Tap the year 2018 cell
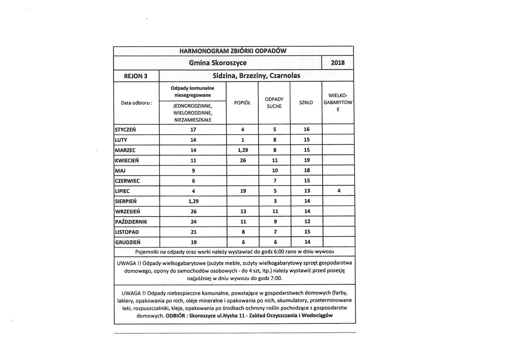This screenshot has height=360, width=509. pos(338,63)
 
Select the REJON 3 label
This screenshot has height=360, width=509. pos(135,76)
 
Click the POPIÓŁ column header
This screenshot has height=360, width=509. pos(242,103)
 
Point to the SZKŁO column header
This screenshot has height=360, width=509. pos(306,103)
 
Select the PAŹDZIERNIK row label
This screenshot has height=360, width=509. pos(131,222)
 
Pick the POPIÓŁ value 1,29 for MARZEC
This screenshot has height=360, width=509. pos(242,150)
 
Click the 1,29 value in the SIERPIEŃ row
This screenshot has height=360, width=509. pos(193,201)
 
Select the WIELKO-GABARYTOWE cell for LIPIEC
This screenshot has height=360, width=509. pos(338,191)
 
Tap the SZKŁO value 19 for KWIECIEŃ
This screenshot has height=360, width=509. pos(307,160)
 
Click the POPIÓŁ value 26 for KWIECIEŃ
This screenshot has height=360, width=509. pos(242,160)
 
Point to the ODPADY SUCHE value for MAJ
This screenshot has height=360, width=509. pos(274,171)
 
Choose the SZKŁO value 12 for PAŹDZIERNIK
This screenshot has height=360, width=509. pos(307,222)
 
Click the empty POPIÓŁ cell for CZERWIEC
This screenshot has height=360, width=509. pos(242,181)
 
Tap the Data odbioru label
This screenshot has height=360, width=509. pos(137,103)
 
